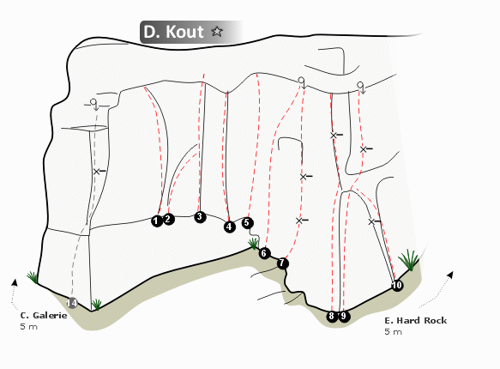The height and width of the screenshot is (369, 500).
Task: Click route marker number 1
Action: (157, 221)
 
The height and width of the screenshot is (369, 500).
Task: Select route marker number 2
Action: (168, 219)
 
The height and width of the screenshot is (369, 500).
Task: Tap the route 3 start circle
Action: (200, 217)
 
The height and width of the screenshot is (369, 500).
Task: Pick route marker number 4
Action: (229, 227)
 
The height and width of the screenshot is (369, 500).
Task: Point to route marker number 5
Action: (247, 222)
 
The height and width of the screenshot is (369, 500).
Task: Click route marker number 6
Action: (264, 253)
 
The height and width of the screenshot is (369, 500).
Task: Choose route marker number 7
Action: (282, 263)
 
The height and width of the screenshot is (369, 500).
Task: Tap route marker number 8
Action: (332, 316)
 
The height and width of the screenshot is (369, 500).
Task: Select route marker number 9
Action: (344, 316)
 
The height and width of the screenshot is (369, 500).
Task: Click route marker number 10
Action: (397, 285)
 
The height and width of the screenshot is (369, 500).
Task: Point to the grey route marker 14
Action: (72, 303)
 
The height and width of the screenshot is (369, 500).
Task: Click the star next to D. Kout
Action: (217, 31)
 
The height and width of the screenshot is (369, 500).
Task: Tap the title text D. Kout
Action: (173, 32)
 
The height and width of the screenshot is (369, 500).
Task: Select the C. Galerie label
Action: (44, 316)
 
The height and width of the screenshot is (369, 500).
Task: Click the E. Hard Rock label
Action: (415, 321)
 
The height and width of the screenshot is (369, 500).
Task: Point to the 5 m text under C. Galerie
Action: (28, 327)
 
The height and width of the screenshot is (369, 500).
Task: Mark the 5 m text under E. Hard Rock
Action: (393, 332)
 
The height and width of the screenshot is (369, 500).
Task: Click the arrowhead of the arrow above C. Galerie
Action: (15, 282)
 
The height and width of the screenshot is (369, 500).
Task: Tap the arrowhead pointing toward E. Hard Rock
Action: (450, 275)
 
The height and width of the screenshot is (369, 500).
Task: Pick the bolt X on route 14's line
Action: (97, 172)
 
